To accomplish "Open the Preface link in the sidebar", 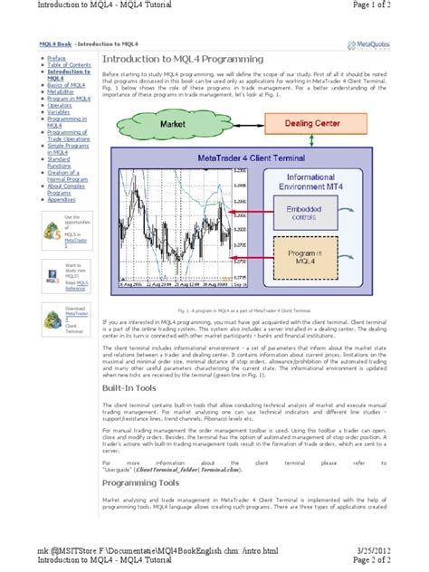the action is coord(57,56).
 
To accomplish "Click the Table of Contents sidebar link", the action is coord(69,64).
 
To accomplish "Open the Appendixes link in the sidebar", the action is coord(62,199).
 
